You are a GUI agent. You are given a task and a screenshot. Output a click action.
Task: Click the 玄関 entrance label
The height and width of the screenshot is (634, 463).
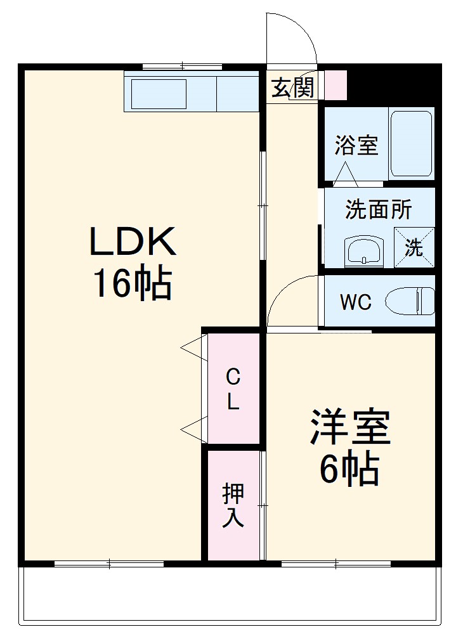(x=293, y=88)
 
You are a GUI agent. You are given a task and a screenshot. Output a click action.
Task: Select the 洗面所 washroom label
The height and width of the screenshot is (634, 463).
(x=378, y=209)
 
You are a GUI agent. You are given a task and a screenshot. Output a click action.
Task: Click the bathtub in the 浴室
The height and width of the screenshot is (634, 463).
(x=411, y=144)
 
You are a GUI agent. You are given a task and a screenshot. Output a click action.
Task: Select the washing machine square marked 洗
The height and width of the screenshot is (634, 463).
(x=414, y=246)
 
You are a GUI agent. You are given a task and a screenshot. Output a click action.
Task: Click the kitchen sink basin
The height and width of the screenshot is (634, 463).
(x=159, y=94)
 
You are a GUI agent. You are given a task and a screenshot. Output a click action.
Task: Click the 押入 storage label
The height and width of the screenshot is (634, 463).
(x=232, y=505)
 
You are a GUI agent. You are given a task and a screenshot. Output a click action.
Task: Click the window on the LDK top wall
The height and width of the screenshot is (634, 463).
(x=182, y=65)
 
